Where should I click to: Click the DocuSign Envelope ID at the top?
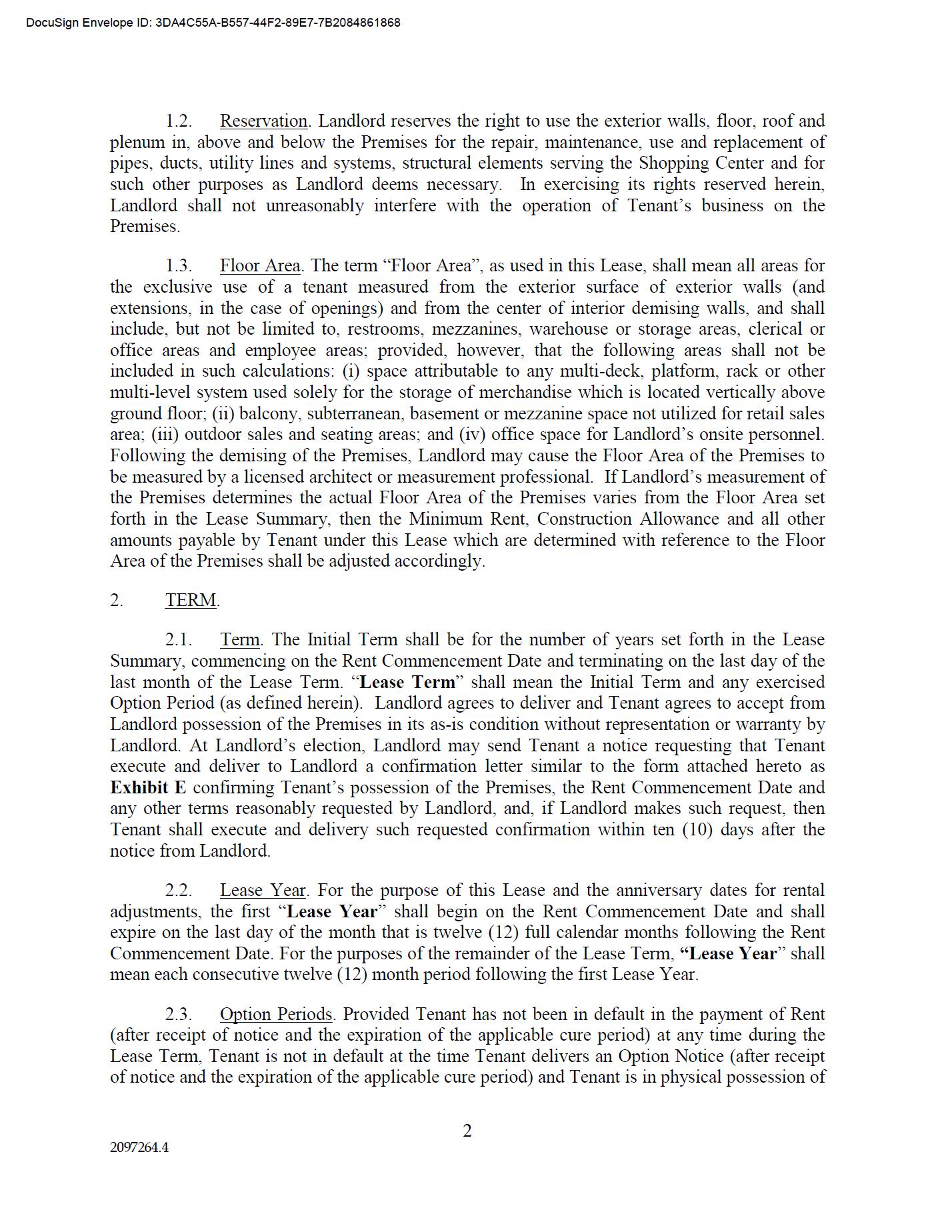213,23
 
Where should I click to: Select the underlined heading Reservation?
263,121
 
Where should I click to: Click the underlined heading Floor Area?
260,266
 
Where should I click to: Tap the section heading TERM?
191,600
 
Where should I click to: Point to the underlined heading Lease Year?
263,891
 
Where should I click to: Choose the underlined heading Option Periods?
276,1015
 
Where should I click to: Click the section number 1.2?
179,121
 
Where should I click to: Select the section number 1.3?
179,266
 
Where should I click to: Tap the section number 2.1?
179,640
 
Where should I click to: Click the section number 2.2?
179,891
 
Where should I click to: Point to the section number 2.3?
179,1015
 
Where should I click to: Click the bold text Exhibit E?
148,787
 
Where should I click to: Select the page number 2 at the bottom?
467,1131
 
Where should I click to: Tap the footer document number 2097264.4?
139,1147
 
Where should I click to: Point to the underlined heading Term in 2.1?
240,640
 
